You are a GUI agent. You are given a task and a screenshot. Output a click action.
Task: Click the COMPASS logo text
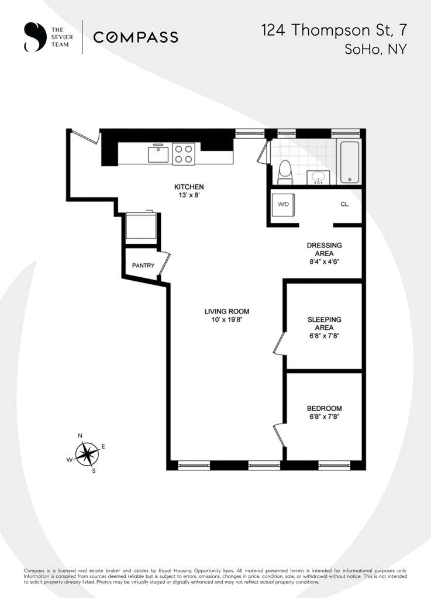pos(136,37)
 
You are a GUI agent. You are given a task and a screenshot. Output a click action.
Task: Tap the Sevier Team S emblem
pos(35,37)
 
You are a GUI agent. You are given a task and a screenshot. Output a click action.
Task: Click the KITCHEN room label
pos(189,187)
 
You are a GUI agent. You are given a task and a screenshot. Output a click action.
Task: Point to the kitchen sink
pos(158,154)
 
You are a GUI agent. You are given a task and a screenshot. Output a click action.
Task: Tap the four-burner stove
pos(183,154)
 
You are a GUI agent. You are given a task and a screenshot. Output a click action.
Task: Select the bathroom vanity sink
pos(319,176)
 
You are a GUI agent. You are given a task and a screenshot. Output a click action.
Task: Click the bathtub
pos(350,162)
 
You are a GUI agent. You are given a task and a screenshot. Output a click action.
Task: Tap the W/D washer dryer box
pos(284,205)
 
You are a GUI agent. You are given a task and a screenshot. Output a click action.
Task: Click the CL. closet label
pos(345,205)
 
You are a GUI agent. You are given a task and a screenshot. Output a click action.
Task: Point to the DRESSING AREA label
pos(324,249)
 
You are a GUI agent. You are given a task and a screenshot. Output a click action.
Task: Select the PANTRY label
pos(143,266)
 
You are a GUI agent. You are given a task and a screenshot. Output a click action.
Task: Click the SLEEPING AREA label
pos(324,323)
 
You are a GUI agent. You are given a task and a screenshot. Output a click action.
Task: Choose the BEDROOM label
pos(324,408)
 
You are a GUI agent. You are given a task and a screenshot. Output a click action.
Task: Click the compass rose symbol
pos(87,453)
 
